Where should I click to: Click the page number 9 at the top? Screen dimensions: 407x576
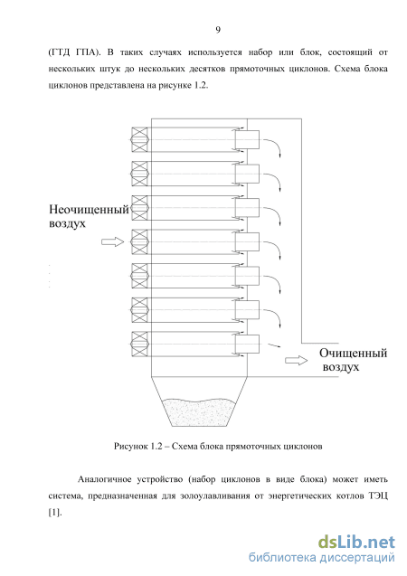coord(218,30)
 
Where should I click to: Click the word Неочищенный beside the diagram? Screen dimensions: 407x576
coord(89,210)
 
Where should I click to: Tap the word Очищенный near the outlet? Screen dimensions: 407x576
coord(353,353)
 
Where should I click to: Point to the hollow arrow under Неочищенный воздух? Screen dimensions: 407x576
coord(113,241)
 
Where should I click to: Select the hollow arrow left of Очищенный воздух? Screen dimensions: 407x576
coord(297,361)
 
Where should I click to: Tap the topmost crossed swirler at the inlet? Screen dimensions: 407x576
coord(139,140)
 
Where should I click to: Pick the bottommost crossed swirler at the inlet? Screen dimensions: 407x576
coord(139,344)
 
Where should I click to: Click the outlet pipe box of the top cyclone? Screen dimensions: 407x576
coord(247,140)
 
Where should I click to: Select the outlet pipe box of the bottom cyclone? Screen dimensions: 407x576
coord(247,344)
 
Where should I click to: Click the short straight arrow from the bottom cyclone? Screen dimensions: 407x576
coord(274,345)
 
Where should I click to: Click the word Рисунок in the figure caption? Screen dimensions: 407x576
coord(130,447)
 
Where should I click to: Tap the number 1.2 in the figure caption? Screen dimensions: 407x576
coord(156,447)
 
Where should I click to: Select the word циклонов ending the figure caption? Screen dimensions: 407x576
coord(303,447)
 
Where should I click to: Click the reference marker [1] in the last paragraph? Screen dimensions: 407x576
coord(55,513)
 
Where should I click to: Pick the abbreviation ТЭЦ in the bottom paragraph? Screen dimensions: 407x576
coord(378,496)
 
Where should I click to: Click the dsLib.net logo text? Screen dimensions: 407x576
coord(356,543)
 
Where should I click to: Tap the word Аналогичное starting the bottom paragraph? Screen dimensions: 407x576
coord(104,479)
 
